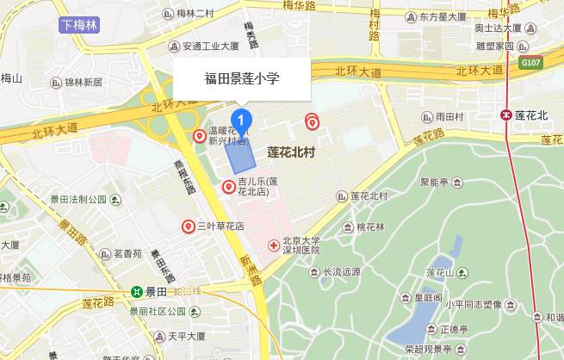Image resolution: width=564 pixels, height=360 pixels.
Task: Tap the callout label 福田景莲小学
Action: pyautogui.click(x=242, y=78)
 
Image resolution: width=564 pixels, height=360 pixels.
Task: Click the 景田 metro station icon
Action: pyautogui.click(x=137, y=291)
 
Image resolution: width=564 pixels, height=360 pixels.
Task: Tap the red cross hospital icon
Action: pyautogui.click(x=274, y=245)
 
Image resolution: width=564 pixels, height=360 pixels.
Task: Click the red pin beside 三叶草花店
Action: pyautogui.click(x=188, y=227)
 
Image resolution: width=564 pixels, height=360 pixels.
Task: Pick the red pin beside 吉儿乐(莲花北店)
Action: pyautogui.click(x=229, y=186)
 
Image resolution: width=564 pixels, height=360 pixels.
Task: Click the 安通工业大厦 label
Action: pyautogui.click(x=210, y=46)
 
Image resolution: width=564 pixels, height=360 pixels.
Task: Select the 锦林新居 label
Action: pyautogui.click(x=82, y=83)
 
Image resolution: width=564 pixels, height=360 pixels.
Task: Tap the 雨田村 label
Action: pyautogui.click(x=449, y=116)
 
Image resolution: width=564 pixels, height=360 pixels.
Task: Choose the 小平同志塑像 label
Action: pyautogui.click(x=473, y=304)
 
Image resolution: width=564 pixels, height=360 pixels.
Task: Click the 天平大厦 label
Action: pyautogui.click(x=187, y=335)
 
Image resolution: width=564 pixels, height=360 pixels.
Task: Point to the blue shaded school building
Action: pyautogui.click(x=241, y=153)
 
